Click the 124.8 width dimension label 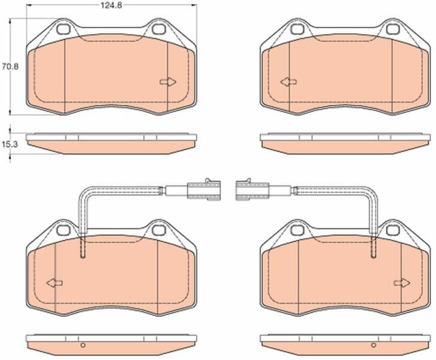(111, 5)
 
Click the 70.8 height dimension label (10, 67)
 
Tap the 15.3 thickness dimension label (10, 145)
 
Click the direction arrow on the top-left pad (169, 82)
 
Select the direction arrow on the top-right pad (288, 82)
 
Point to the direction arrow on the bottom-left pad (55, 283)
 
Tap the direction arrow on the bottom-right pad (402, 283)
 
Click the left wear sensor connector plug (204, 190)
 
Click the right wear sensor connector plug (252, 190)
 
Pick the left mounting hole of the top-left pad (64, 29)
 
